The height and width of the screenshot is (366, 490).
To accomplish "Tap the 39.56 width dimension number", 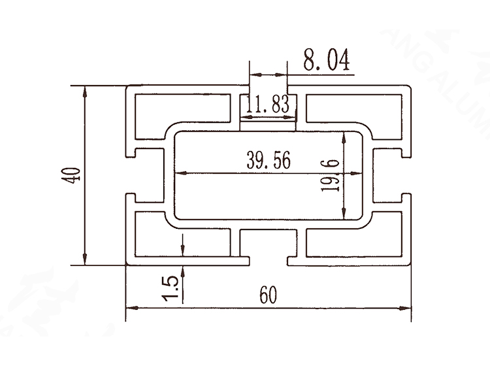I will (269, 160).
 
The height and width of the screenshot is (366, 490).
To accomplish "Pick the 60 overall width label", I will (269, 295).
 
